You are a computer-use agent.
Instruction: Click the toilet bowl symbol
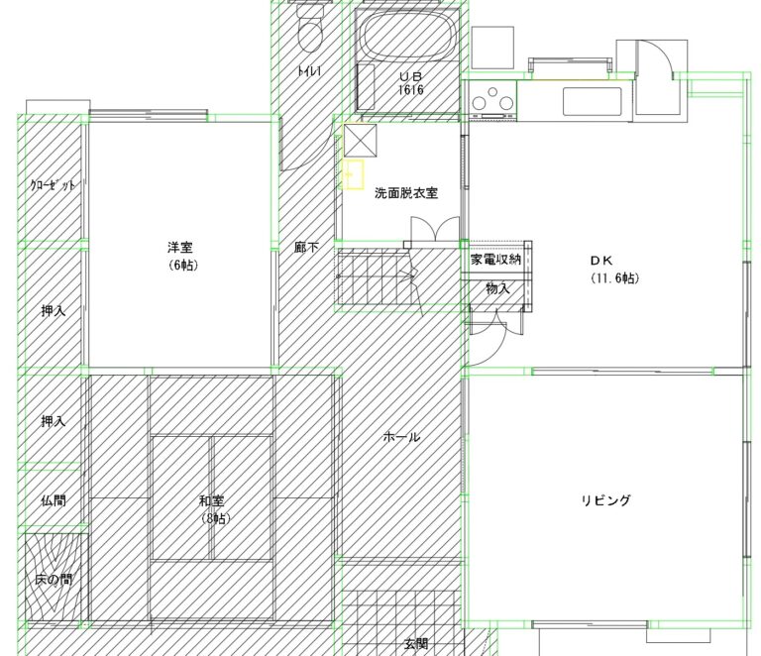[x=309, y=28]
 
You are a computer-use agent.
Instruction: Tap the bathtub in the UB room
[x=408, y=35]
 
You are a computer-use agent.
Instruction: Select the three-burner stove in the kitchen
[x=492, y=99]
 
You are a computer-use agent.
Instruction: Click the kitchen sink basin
[x=593, y=101]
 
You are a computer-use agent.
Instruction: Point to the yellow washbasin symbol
[x=355, y=174]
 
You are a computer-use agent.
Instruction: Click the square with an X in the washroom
[x=360, y=141]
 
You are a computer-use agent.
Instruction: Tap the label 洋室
[x=180, y=248]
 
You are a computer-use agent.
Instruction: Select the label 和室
[x=212, y=500]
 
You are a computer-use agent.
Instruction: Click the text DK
[x=601, y=261]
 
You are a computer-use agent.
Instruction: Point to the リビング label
[x=606, y=500]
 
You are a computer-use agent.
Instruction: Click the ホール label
[x=401, y=437]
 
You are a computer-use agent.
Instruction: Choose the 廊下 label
[x=307, y=248]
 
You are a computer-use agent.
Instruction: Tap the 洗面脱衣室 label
[x=406, y=193]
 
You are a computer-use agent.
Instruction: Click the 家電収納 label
[x=495, y=260]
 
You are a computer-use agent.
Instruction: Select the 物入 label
[x=498, y=288]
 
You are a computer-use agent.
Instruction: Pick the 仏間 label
[x=54, y=500]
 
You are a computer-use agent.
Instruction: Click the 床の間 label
[x=54, y=580]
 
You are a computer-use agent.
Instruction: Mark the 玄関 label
[x=416, y=644]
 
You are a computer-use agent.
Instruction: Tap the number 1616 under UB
[x=410, y=89]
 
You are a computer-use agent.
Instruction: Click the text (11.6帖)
[x=615, y=278]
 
